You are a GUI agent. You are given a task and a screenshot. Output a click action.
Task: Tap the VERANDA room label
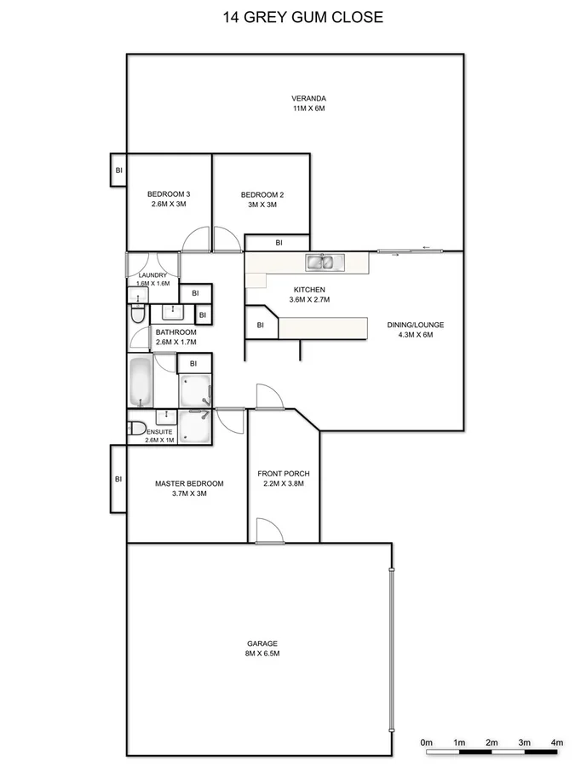308,98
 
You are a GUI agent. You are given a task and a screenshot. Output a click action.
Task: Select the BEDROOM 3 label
168,194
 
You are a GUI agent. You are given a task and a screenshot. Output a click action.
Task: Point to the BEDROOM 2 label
262,194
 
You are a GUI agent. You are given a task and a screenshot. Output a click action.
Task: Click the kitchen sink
325,262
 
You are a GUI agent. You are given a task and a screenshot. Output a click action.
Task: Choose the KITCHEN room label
309,290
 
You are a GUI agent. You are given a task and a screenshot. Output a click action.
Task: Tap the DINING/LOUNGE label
417,324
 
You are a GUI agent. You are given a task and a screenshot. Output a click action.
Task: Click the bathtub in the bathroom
140,383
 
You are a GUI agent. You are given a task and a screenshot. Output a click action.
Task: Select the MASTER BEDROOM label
189,483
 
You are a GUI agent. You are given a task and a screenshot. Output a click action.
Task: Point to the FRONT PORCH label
284,474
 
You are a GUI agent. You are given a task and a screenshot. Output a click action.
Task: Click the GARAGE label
262,643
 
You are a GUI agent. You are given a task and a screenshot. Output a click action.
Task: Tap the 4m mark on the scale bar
557,744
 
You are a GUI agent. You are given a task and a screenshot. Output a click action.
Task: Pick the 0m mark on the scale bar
427,744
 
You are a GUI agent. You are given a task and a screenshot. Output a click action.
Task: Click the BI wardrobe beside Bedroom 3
118,170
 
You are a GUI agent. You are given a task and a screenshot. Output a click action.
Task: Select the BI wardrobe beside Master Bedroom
118,479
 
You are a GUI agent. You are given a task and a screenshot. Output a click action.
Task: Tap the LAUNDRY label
153,274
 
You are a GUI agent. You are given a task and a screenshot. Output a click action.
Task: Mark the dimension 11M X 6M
308,109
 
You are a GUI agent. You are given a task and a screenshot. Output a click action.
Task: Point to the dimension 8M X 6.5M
262,654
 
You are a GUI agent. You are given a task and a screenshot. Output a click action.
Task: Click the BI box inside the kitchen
261,325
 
